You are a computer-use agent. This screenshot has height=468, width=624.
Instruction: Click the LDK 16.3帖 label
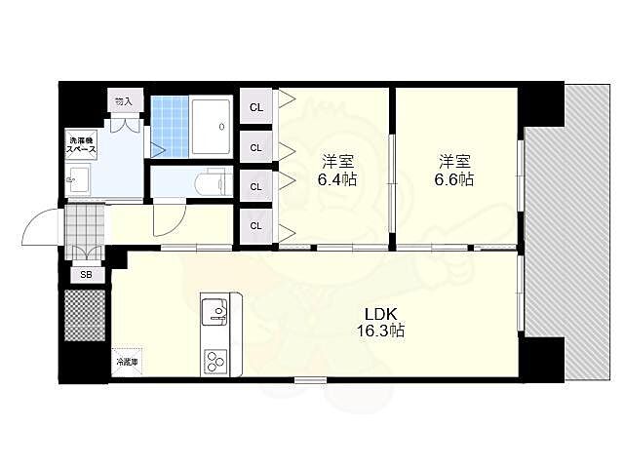pyautogui.click(x=380, y=323)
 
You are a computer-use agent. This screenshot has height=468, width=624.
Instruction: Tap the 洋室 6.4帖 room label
pyautogui.click(x=336, y=171)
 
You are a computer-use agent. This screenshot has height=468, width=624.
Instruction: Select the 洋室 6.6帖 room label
pyautogui.click(x=454, y=171)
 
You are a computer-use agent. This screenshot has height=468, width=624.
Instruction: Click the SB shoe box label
pyautogui.click(x=87, y=275)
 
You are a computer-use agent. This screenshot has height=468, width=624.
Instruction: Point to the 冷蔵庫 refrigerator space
pyautogui.click(x=127, y=362)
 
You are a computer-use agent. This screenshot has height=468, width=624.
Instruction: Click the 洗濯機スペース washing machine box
pyautogui.click(x=81, y=145)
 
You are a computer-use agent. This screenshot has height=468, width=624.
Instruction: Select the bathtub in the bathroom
pyautogui.click(x=211, y=127)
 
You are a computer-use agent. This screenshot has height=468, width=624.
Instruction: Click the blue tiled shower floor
pyautogui.click(x=170, y=127)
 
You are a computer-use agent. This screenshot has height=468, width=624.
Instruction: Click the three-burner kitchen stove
pyautogui.click(x=215, y=362)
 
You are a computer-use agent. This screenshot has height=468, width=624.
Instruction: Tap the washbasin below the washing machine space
pyautogui.click(x=79, y=179)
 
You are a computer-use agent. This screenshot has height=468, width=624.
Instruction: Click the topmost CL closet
pyautogui.click(x=256, y=106)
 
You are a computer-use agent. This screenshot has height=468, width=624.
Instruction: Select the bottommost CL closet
pyautogui.click(x=256, y=225)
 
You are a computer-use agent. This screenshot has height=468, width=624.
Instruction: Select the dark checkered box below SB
pyautogui.click(x=85, y=315)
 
